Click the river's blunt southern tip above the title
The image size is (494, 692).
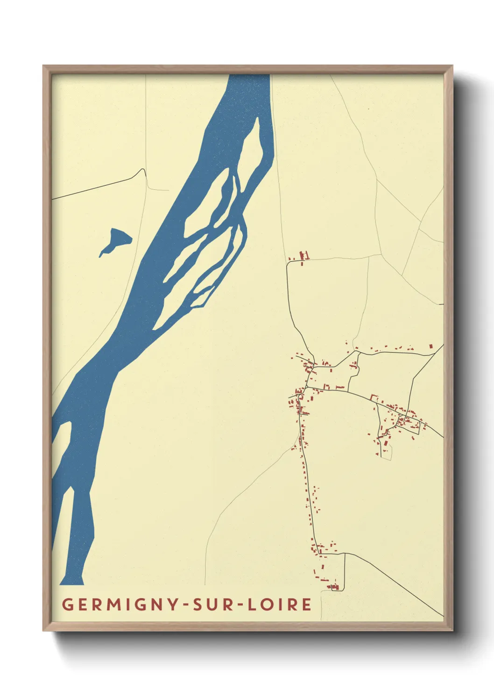pyautogui.click(x=71, y=582)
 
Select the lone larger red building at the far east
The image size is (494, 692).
pyautogui.click(x=431, y=346)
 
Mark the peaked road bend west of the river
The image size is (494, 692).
pyautogui.click(x=141, y=170)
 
